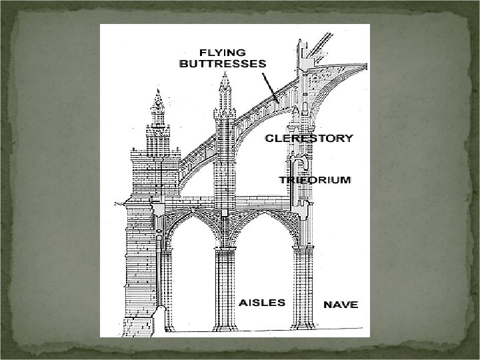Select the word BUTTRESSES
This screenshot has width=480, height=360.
coord(222,64)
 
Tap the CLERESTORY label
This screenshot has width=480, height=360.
coord(309,138)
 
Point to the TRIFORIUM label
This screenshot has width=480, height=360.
coord(315,181)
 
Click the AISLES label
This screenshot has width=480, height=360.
coord(262,302)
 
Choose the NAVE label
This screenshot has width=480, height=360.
coord(341,305)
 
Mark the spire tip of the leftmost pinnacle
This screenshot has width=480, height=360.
coord(158,91)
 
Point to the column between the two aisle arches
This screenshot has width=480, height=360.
coord(225,280)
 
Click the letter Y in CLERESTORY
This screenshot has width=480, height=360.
coord(348,138)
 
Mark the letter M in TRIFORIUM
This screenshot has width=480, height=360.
coord(345,181)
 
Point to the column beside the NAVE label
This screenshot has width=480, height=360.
coord(304,287)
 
